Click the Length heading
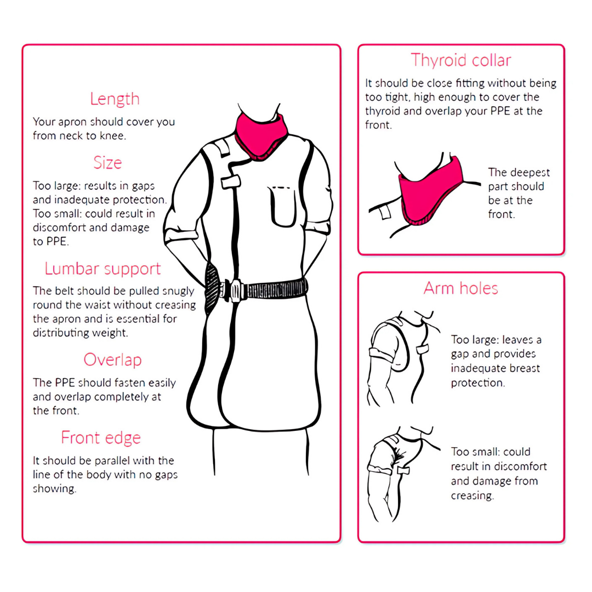coord(115,99)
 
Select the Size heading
coord(107,163)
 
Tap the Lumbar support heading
coord(103,269)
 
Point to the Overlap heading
coord(112,360)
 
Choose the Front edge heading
coord(101,438)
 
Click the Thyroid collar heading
coord(461,60)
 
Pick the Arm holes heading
coord(460,288)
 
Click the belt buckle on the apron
coord(235,291)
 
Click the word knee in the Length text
coord(112,135)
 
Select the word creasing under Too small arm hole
coord(472,496)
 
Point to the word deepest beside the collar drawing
coord(530,173)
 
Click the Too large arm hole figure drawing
coord(403,358)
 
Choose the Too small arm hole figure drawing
coord(403,474)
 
